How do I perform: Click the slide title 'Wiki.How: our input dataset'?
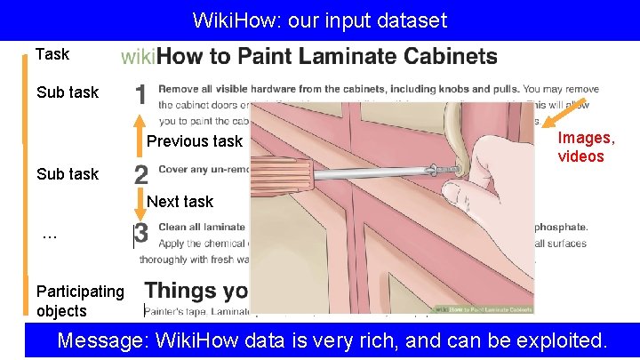(320, 20)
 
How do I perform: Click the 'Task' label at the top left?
(52, 55)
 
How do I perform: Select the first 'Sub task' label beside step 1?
(68, 92)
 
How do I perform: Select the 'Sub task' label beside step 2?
(68, 174)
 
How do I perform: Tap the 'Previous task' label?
(195, 141)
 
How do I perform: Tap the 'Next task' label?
(180, 202)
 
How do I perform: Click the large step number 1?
(140, 95)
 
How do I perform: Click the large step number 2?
(141, 174)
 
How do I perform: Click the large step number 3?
(141, 235)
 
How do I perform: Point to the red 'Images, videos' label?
(586, 148)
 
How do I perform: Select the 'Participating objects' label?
(80, 300)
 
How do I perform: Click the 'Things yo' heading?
(196, 291)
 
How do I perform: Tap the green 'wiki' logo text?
(138, 58)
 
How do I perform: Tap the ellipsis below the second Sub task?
(50, 237)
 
